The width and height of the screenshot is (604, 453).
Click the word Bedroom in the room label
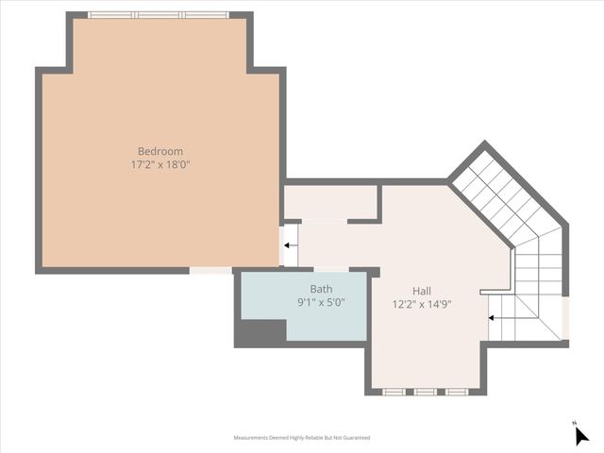160,151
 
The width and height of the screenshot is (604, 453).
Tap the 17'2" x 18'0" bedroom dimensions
160,164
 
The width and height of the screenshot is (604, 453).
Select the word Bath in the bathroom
321,289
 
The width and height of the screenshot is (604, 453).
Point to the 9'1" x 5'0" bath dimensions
321,302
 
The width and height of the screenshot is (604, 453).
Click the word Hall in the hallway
422,291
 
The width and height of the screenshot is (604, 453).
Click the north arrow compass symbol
581,435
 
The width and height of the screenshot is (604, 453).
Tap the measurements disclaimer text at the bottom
302,438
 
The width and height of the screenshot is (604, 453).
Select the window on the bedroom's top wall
158,15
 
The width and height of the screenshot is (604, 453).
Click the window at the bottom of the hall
426,391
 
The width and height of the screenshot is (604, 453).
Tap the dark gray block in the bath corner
261,332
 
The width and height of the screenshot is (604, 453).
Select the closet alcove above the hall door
330,202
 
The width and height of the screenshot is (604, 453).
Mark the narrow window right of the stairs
565,318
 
